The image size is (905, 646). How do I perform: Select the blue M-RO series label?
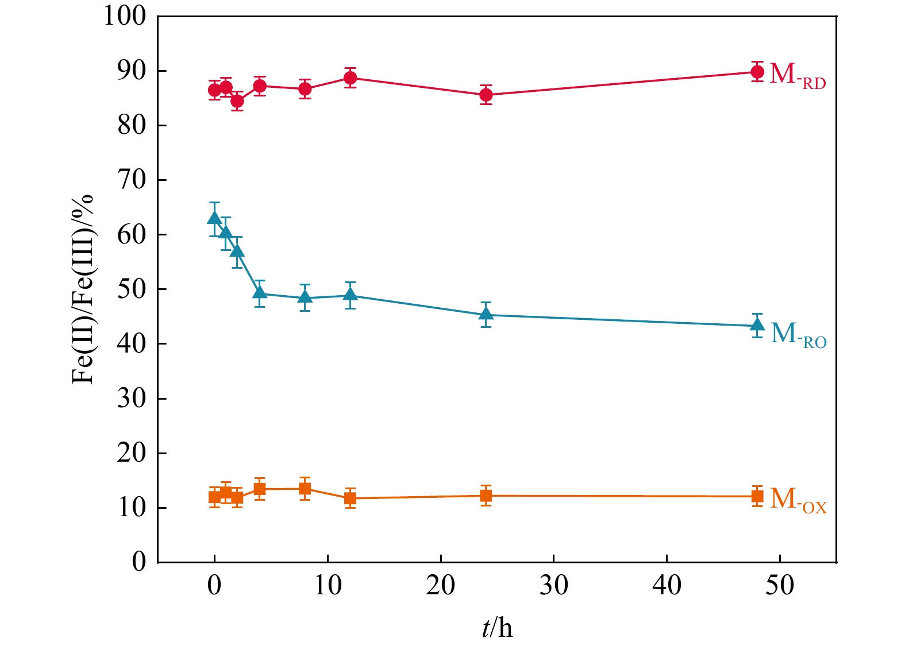click(798, 335)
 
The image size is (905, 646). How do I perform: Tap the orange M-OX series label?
click(798, 500)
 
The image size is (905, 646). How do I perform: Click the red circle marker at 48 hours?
click(757, 72)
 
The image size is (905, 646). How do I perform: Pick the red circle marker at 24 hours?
click(486, 95)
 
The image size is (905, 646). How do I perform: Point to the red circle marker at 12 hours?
click(351, 78)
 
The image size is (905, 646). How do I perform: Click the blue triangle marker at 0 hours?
click(215, 218)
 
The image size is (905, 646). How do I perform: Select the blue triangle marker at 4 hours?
click(260, 293)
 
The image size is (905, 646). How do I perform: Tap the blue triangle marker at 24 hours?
click(486, 314)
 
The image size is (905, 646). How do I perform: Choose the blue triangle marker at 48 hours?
click(757, 325)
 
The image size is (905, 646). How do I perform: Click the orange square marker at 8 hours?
click(305, 489)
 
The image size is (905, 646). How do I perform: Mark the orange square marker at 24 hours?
click(486, 496)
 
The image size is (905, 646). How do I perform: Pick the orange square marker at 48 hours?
click(757, 496)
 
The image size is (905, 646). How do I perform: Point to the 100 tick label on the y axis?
click(125, 16)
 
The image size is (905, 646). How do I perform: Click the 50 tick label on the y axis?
click(132, 289)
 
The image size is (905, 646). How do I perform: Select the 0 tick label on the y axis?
click(139, 562)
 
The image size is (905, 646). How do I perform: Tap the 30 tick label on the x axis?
click(554, 586)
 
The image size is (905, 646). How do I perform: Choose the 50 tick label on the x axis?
click(780, 586)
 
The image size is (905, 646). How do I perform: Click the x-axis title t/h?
click(497, 628)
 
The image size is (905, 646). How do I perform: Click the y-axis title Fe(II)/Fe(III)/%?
click(83, 289)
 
